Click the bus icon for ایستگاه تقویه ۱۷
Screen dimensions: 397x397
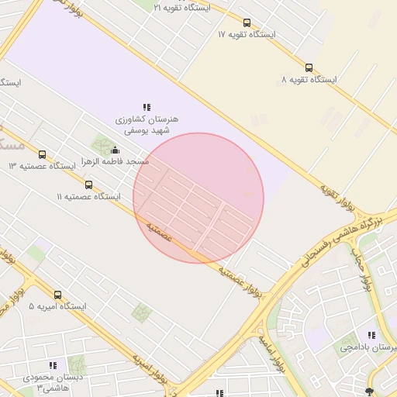click(247, 22)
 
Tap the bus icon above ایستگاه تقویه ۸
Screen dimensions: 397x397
click(309, 67)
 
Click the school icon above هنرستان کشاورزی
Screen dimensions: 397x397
click(147, 107)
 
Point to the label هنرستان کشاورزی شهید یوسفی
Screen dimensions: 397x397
click(147, 126)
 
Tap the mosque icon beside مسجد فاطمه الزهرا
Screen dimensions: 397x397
click(116, 150)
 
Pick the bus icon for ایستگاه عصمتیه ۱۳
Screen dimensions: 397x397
click(42, 154)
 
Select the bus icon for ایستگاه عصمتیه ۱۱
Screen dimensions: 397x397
click(88, 185)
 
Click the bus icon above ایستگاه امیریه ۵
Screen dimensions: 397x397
click(57, 295)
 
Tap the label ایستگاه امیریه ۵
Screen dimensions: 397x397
click(57, 307)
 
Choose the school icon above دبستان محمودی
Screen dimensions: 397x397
click(53, 364)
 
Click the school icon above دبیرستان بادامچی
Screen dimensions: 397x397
click(371, 335)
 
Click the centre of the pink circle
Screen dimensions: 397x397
click(198, 198)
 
